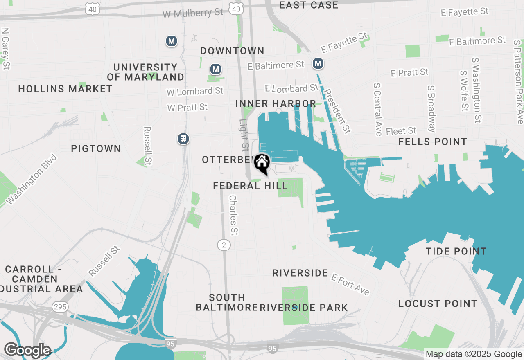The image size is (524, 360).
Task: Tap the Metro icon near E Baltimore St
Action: coord(318,63)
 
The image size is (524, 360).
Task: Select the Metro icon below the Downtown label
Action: coord(215,69)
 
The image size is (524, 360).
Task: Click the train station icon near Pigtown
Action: coord(183,139)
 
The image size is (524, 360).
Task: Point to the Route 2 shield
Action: coord(224,245)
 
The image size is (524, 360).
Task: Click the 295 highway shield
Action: coord(60,306)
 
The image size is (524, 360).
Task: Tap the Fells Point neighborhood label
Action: coord(433,142)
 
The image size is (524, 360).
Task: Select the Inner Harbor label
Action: coord(276,104)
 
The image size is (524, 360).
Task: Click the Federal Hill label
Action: coord(250,186)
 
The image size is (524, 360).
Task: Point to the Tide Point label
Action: coord(456,251)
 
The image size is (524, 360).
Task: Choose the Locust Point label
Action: coord(438,304)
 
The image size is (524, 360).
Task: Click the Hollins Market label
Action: coord(65,89)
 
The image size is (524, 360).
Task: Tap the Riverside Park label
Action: coord(303,308)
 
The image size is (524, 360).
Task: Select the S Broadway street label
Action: coord(431,109)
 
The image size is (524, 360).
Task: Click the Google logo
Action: coord(27,350)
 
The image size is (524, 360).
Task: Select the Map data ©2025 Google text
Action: coord(474,354)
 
